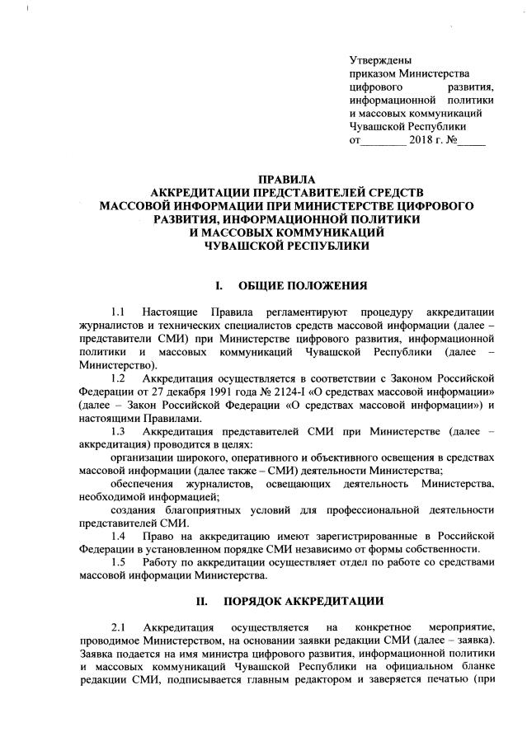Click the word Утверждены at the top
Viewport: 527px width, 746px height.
380,60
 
